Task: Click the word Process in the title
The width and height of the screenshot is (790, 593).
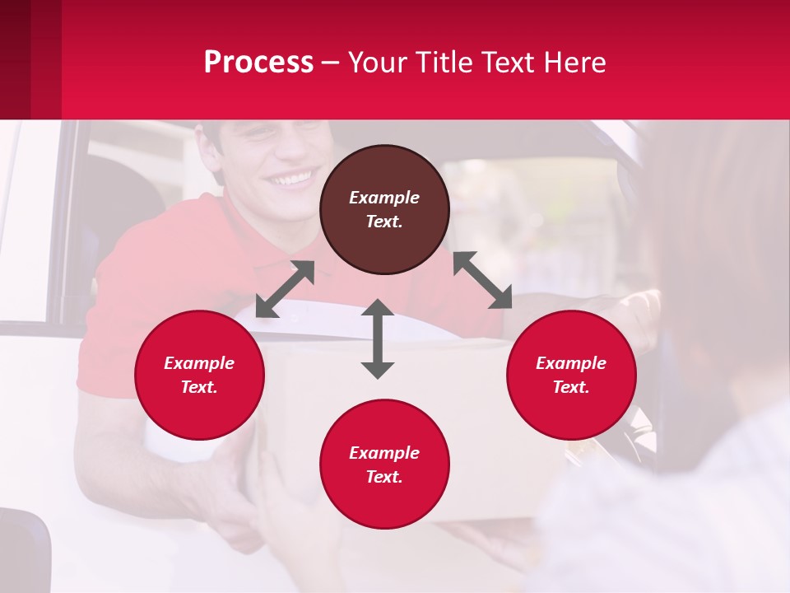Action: click(258, 63)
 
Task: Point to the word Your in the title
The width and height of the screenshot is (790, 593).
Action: click(376, 63)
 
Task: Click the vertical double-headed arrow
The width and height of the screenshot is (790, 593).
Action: click(378, 339)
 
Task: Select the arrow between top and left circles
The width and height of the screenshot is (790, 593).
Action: click(285, 288)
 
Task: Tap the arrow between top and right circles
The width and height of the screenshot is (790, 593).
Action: click(482, 280)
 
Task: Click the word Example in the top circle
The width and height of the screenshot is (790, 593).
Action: click(384, 198)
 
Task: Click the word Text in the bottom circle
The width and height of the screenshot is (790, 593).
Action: click(384, 477)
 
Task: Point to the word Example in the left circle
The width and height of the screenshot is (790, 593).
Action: click(199, 363)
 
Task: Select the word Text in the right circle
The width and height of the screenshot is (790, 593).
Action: click(571, 387)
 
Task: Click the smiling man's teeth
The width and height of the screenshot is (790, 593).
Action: click(293, 177)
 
